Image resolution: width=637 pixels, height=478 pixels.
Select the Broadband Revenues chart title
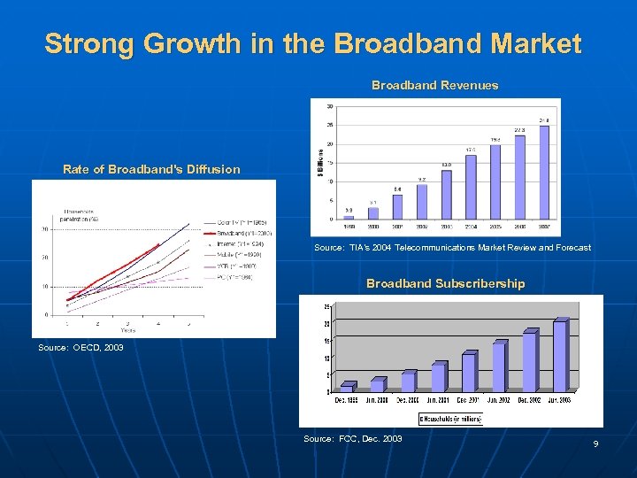[434, 86]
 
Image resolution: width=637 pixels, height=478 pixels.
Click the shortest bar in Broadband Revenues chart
[349, 215]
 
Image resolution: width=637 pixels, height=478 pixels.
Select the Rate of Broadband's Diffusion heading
[151, 169]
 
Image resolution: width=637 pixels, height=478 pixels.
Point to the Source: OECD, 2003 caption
[81, 348]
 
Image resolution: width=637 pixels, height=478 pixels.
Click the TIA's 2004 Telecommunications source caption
[452, 248]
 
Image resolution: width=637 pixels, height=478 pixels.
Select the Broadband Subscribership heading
[445, 284]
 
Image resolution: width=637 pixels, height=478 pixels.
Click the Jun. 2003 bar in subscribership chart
[559, 356]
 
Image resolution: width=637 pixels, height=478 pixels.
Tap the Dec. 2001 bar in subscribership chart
[468, 372]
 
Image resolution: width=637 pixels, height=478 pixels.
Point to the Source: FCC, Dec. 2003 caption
[352, 439]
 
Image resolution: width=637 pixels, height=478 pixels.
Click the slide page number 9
[595, 443]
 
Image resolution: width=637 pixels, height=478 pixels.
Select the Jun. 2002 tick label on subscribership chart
[499, 400]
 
